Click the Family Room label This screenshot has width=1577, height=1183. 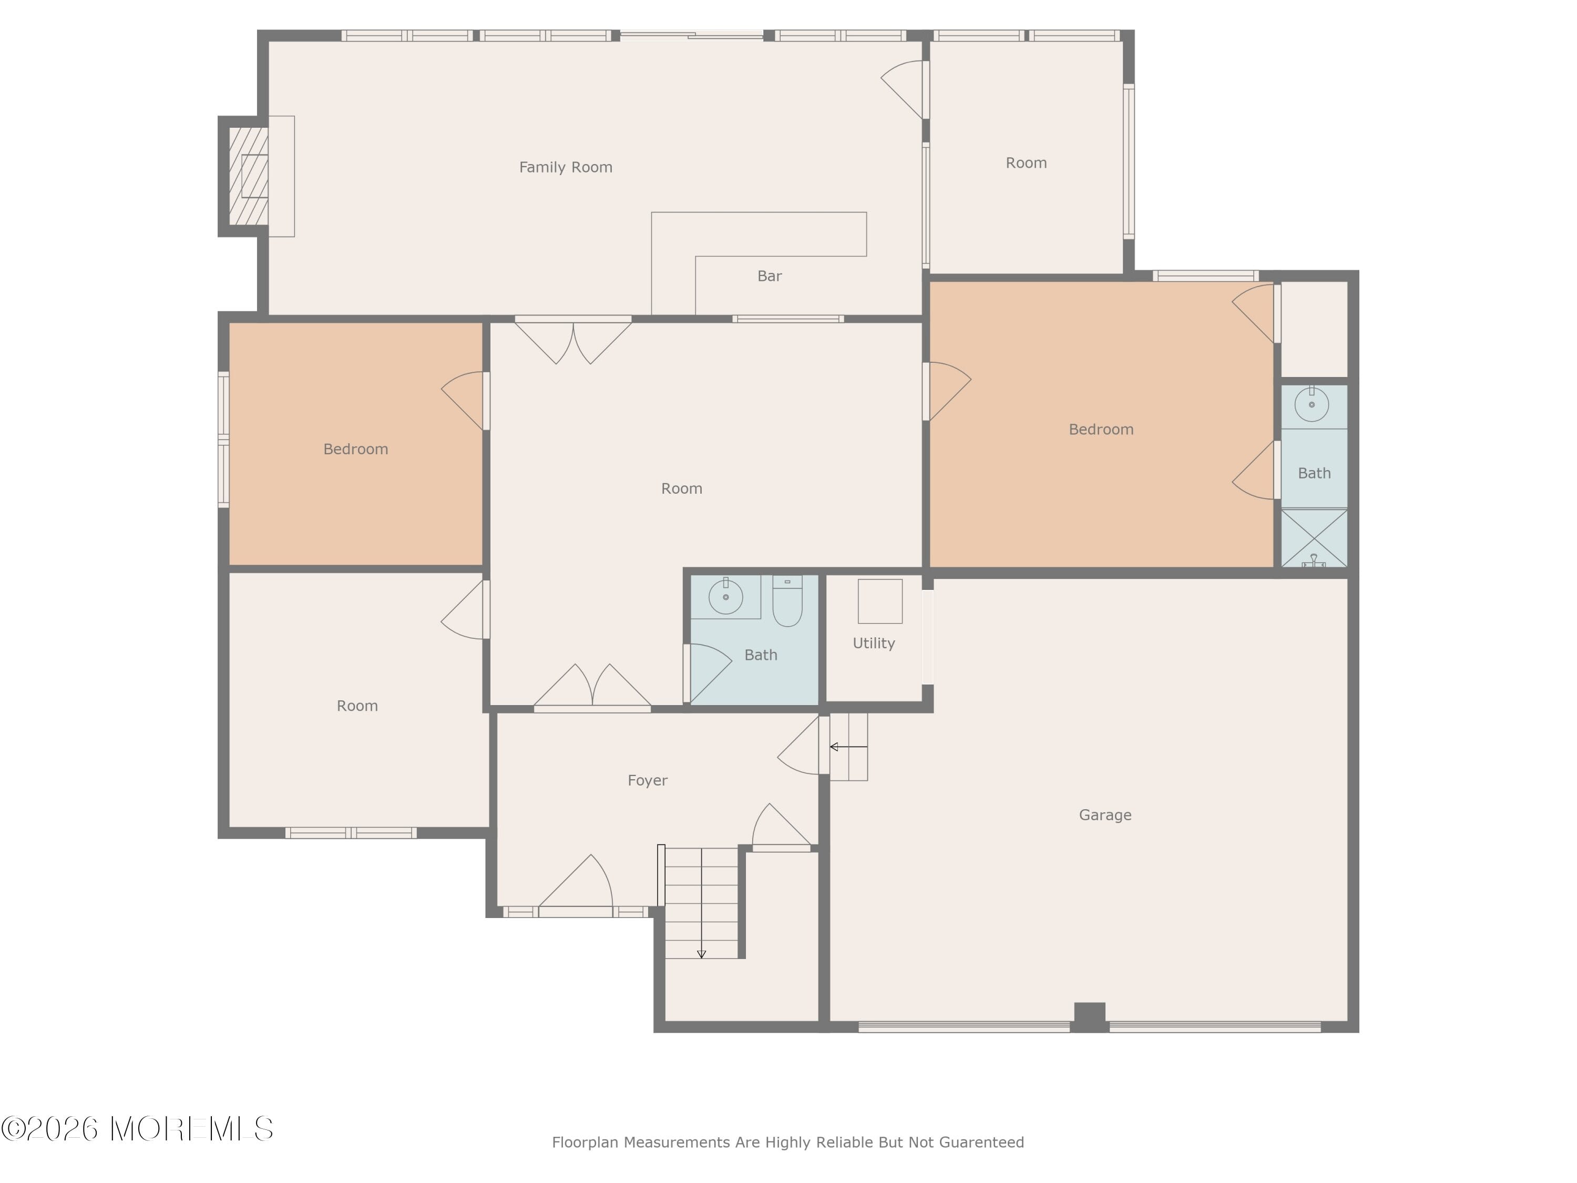click(565, 167)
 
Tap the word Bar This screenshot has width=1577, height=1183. click(769, 276)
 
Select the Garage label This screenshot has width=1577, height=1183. click(1105, 815)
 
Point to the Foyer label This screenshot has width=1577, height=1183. click(647, 780)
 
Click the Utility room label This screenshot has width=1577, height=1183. click(873, 643)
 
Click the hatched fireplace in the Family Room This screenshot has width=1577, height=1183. click(248, 176)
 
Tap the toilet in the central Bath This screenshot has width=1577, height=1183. click(787, 600)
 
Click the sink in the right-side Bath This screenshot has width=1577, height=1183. click(1312, 405)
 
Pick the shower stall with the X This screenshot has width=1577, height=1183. click(1314, 538)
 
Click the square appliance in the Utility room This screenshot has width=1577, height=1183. click(880, 601)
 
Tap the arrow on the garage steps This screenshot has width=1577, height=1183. click(848, 747)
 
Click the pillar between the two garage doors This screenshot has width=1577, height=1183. click(1089, 1017)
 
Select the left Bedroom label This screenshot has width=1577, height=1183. click(356, 449)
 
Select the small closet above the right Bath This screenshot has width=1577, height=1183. click(1315, 329)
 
